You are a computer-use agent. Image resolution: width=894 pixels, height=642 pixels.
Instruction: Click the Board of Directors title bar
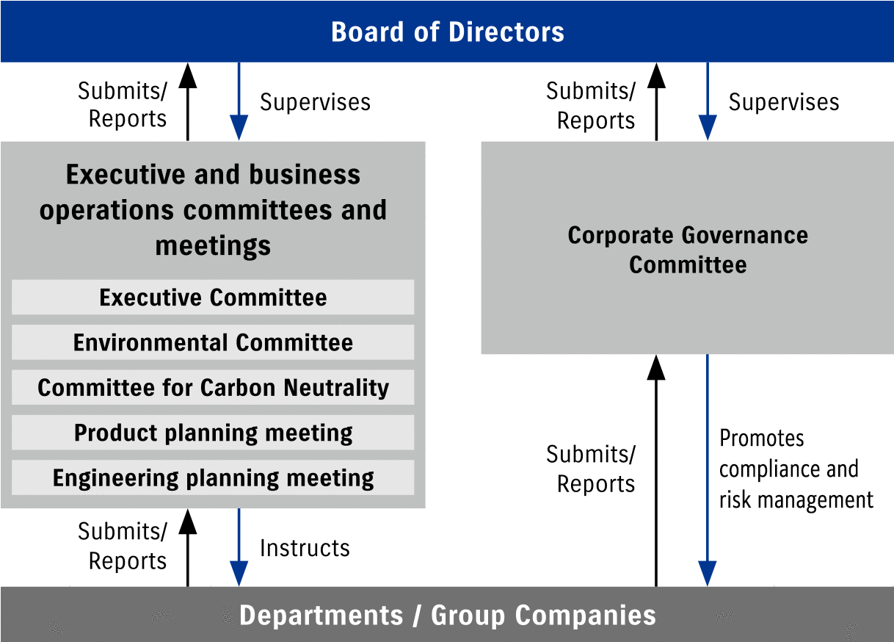coord(447,32)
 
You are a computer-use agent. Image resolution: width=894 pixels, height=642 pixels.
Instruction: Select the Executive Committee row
coord(213,297)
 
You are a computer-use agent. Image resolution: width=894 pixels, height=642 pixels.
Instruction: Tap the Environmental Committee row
coord(213,342)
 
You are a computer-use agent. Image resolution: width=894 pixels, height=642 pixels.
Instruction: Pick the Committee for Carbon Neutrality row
coord(213,388)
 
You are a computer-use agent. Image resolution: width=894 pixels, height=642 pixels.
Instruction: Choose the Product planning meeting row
coord(213,433)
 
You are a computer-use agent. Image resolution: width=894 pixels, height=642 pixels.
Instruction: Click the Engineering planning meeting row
coord(213,478)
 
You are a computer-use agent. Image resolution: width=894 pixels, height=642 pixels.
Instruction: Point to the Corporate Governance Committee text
coord(688,250)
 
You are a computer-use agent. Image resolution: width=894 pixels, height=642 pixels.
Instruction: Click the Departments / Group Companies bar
coord(447,615)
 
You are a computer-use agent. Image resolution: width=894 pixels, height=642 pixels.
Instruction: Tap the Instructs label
coord(305,548)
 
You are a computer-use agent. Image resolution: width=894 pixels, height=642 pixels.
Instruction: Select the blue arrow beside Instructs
coord(239,547)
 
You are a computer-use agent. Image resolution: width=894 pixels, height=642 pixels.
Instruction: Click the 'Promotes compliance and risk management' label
coord(796,469)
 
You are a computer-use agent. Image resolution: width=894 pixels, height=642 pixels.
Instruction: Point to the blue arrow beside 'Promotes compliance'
coord(708,470)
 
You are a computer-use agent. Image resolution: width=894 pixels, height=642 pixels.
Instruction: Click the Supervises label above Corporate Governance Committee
coord(783,102)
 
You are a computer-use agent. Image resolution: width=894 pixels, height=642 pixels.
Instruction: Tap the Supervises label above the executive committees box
coord(315,102)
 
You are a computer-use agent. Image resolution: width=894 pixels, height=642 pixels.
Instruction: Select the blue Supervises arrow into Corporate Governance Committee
coord(708,101)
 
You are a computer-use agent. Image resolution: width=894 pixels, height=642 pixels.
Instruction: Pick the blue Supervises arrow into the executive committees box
coord(239,101)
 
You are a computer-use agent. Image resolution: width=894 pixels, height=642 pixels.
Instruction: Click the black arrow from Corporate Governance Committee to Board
coord(656,101)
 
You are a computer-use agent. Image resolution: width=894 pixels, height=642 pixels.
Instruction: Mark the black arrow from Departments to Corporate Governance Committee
coord(656,470)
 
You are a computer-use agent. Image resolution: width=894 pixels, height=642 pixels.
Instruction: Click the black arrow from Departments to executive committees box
coord(188,547)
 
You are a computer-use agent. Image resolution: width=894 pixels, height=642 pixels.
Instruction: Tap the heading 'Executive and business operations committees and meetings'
coord(213,209)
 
